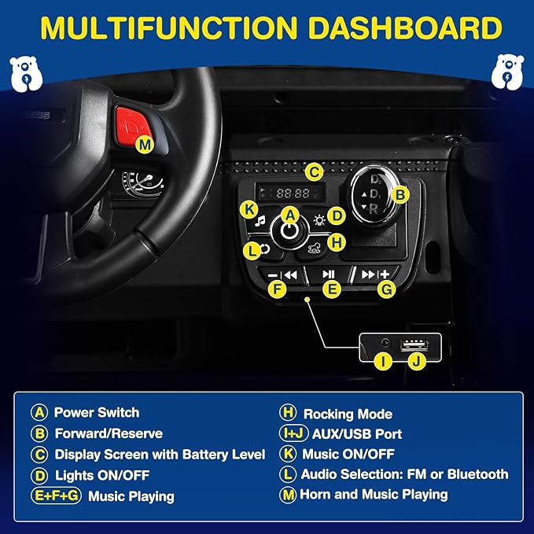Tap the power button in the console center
[290, 231]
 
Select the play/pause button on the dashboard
[329, 274]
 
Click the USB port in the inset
[414, 344]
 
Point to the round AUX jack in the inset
[385, 342]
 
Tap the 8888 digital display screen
[290, 193]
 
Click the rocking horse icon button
[315, 248]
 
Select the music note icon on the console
[260, 221]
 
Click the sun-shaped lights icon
[319, 221]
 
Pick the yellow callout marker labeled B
[400, 195]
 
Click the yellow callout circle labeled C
[314, 172]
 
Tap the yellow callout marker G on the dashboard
[386, 290]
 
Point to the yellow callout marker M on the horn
[145, 145]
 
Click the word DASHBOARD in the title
[405, 28]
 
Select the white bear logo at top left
[26, 74]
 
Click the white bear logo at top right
[508, 72]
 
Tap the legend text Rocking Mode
[348, 414]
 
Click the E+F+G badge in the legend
[56, 495]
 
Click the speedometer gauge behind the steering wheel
[143, 184]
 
